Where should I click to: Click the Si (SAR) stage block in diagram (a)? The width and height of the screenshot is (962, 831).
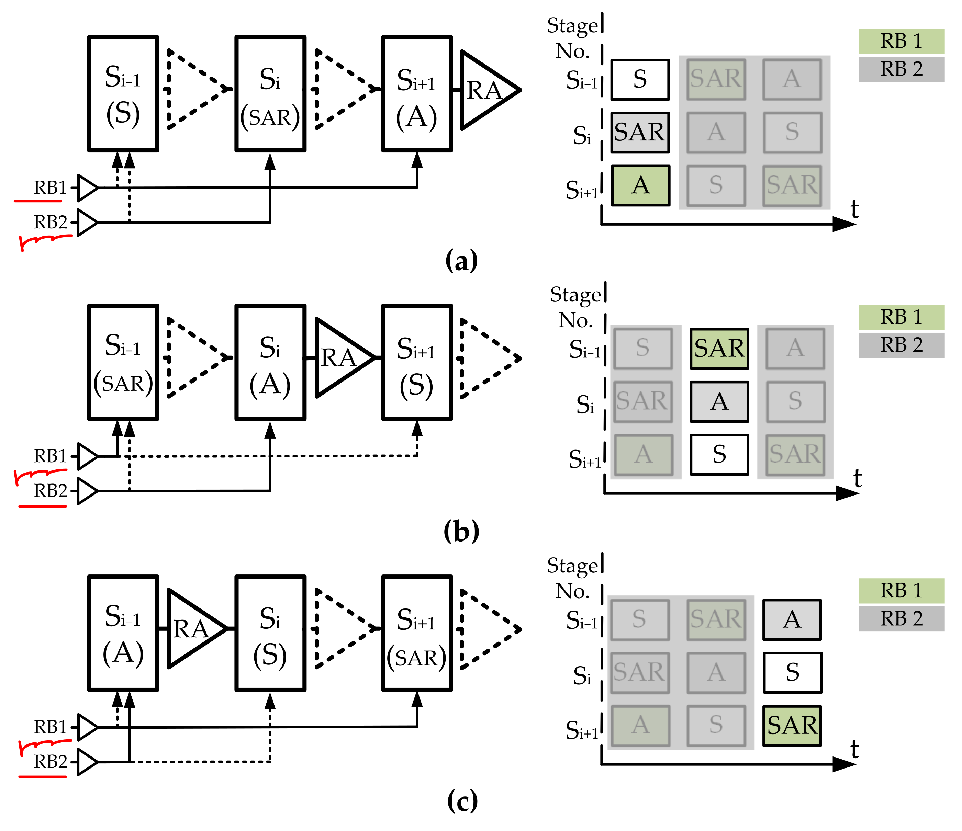tap(270, 93)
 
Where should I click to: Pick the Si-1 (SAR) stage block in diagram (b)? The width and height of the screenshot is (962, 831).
tap(123, 362)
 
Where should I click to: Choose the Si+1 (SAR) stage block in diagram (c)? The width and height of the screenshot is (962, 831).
tap(417, 633)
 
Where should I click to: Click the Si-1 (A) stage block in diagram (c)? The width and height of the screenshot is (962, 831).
tap(123, 633)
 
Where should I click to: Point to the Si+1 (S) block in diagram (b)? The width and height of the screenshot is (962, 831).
tap(417, 362)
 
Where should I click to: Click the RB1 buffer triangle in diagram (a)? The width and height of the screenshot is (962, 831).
tap(87, 188)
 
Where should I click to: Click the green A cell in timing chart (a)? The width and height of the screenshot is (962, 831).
tap(640, 185)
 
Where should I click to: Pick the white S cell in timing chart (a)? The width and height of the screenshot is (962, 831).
tap(640, 79)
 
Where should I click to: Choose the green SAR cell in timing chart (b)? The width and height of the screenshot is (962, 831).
tap(719, 349)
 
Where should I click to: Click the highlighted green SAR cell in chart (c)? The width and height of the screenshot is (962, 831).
tap(792, 726)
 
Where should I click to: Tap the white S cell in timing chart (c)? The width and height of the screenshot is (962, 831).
tap(792, 672)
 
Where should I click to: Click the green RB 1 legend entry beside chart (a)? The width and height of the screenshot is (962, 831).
tap(901, 41)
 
